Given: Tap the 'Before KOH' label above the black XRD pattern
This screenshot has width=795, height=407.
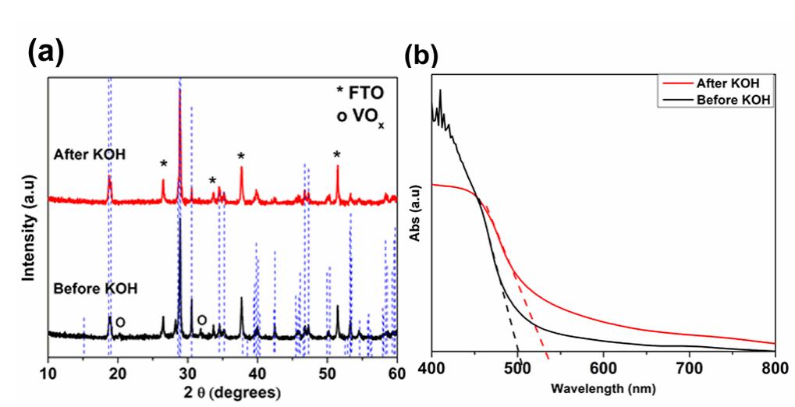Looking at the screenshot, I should coord(96,288).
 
